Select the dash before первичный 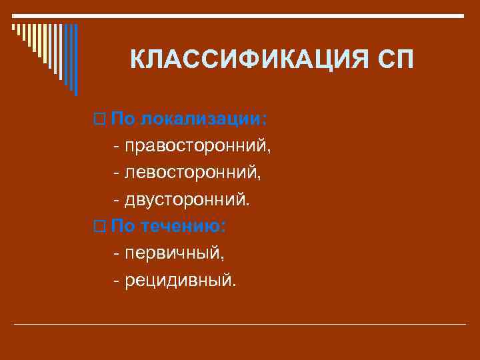click(x=117, y=253)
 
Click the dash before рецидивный click(x=117, y=280)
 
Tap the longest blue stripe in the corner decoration click(x=75, y=60)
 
